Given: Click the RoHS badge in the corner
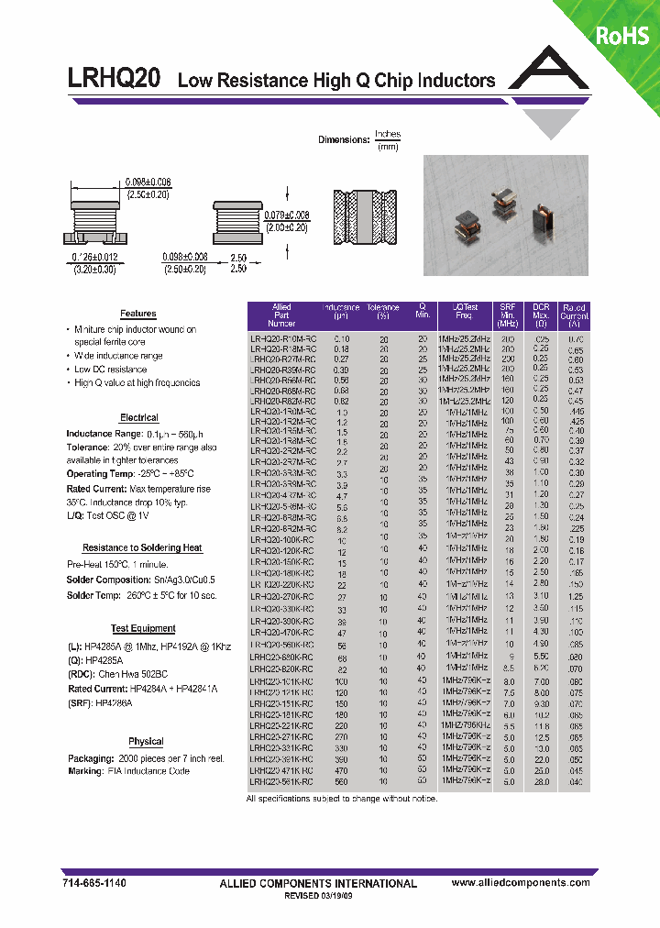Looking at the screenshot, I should click(622, 36).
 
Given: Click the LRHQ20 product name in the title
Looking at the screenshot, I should click(115, 80).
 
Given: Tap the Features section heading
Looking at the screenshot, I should click(137, 314).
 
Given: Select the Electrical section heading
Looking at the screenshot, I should click(139, 417).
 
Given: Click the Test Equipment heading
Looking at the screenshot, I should click(143, 628).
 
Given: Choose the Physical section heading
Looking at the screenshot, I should click(146, 741).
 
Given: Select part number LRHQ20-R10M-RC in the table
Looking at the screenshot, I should click(282, 338).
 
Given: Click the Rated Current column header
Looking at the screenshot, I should click(575, 315).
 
